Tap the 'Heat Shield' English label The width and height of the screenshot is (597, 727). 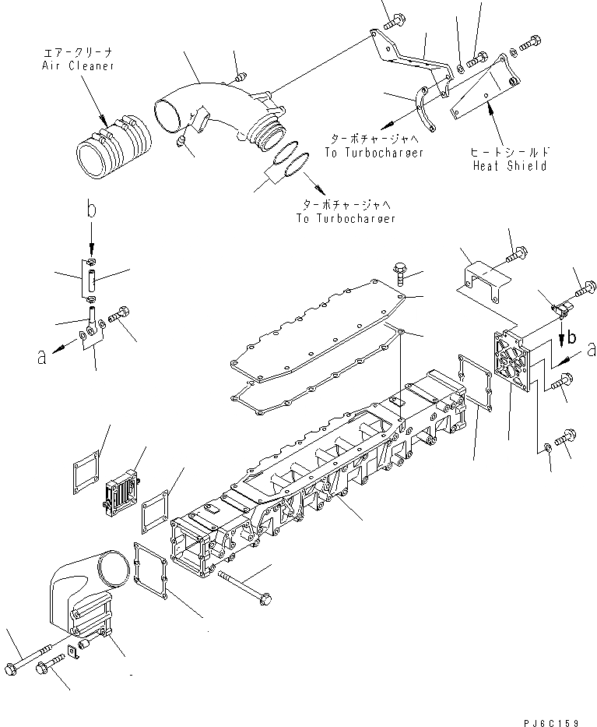[509, 166]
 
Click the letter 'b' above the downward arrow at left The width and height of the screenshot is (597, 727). [91, 210]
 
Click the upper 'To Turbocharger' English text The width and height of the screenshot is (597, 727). [374, 153]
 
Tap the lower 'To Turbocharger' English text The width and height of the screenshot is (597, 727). [345, 219]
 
